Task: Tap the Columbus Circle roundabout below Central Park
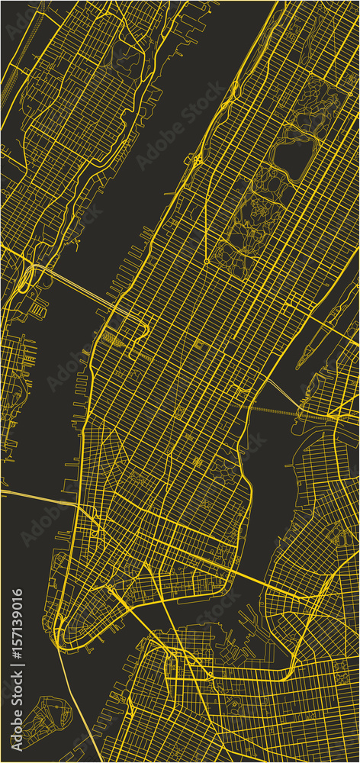click(x=206, y=262)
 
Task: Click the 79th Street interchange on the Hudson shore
click(x=196, y=160)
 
